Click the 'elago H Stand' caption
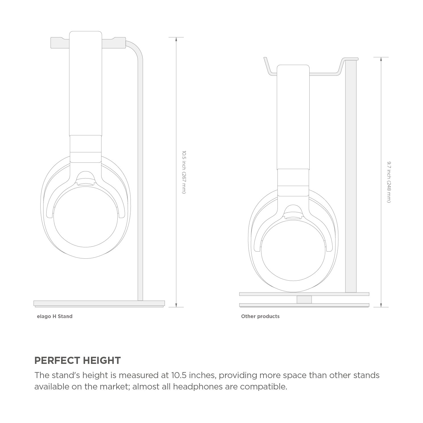coord(55,316)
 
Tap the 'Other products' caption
coord(260,316)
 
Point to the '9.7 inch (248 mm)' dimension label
coord(389,182)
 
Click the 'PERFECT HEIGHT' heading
coord(77,360)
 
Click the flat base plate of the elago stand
coord(99,303)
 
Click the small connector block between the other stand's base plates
coord(304,299)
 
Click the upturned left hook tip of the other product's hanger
coord(265,60)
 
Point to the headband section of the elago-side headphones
coord(86,85)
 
